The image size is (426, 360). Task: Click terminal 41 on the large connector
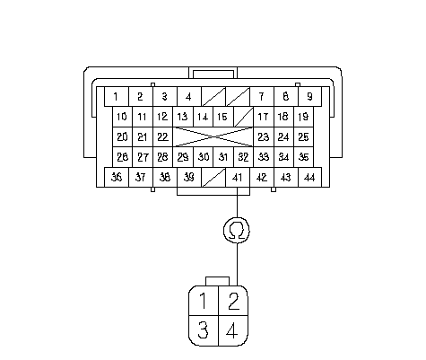[238, 177]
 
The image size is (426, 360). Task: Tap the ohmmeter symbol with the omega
[237, 230]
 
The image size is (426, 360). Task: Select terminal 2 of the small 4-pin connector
[233, 301]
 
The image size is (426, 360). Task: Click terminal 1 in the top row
[117, 97]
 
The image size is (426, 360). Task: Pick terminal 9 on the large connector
[310, 97]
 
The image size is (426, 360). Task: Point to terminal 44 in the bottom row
[310, 177]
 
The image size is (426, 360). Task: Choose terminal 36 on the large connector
[117, 177]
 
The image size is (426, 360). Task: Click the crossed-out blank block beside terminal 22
[213, 136]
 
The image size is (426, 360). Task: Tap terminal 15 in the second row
[223, 117]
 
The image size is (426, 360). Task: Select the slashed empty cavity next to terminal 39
[213, 177]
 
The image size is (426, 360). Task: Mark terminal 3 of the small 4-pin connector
[204, 330]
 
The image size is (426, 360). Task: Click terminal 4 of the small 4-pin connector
[233, 330]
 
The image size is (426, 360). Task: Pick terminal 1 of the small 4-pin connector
[204, 301]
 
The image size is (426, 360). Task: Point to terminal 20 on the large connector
[122, 136]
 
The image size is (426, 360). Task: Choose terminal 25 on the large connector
[304, 136]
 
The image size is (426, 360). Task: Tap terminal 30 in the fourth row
[204, 157]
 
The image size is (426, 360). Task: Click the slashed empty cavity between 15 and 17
[243, 117]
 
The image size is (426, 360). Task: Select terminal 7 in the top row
[262, 97]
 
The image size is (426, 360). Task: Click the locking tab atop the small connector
[218, 281]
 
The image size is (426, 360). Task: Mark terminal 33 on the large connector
[264, 157]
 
